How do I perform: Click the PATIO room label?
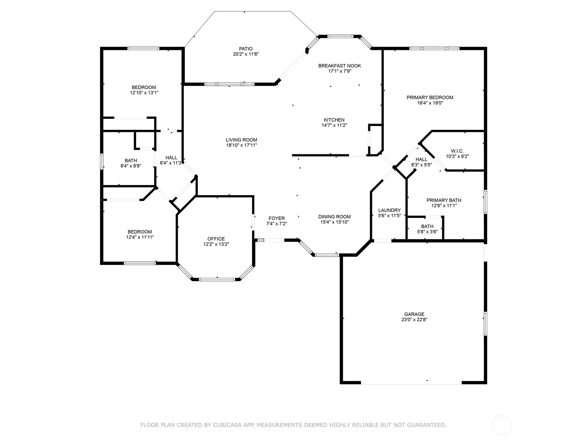(245, 49)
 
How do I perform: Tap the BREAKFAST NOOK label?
(339, 66)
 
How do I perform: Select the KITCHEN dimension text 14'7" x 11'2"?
(334, 125)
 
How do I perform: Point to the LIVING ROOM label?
(241, 140)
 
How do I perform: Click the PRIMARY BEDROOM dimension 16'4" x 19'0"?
(430, 103)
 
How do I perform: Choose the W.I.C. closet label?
(457, 151)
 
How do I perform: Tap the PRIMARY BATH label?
(444, 200)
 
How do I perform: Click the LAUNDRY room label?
(389, 210)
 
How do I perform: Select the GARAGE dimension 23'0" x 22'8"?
(414, 319)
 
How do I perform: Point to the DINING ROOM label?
(334, 217)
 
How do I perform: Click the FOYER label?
(277, 218)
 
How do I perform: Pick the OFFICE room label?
(216, 239)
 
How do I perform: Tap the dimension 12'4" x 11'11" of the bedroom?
(140, 237)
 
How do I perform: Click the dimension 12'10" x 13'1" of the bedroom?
(144, 93)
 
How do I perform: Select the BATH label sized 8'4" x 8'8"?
(131, 161)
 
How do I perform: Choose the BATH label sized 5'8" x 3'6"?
(427, 227)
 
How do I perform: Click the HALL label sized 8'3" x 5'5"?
(421, 159)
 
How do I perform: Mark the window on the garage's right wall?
(485, 323)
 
